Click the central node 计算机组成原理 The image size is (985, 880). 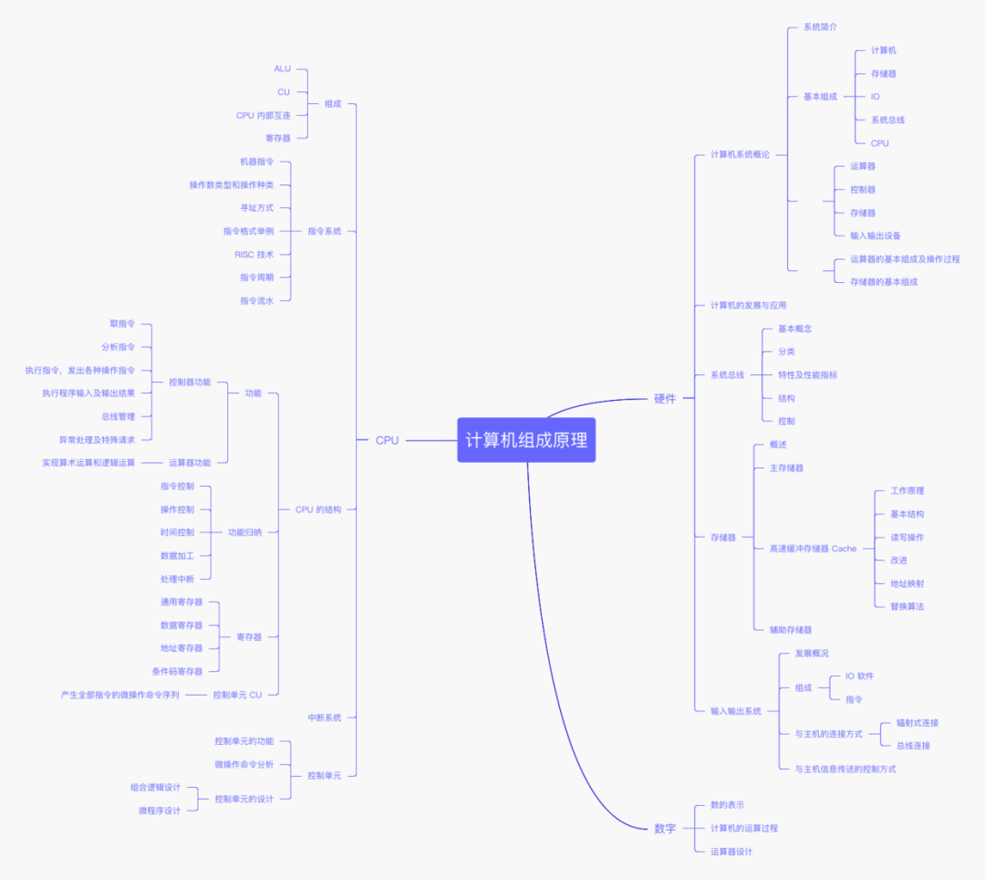point(526,440)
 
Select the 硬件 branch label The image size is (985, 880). point(665,398)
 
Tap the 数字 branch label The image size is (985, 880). point(665,828)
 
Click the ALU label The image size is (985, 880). point(282,68)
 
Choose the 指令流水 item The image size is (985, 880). point(256,300)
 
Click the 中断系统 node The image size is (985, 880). point(324,718)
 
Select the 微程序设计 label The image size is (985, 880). point(160,810)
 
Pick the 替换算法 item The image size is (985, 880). point(907,606)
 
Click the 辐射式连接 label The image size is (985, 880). point(917,722)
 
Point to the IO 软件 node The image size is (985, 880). point(859,676)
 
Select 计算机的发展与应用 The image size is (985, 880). point(748,305)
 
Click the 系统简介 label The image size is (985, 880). point(820,27)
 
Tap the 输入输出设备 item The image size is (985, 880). point(876,236)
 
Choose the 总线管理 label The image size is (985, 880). point(118,416)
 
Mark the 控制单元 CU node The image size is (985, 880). point(237,695)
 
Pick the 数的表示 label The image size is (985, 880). point(727,804)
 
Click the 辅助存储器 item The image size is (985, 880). point(790,629)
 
